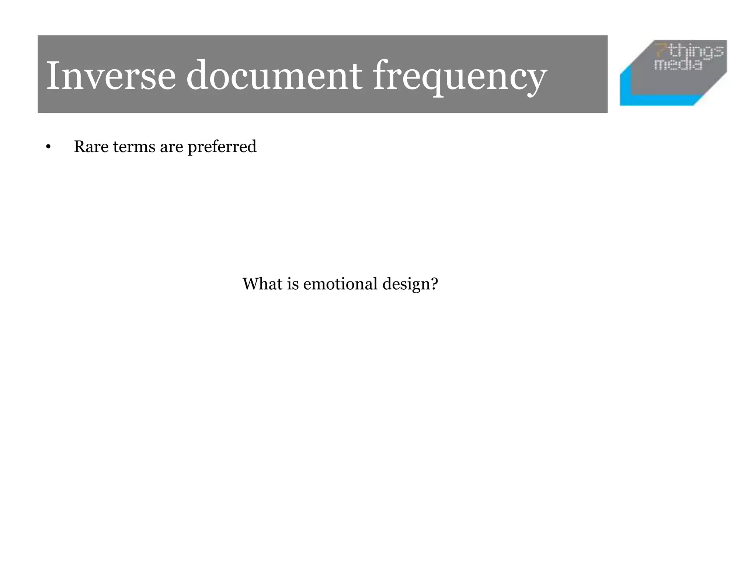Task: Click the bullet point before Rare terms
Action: click(x=48, y=147)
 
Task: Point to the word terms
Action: click(x=134, y=147)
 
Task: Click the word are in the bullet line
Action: click(x=171, y=147)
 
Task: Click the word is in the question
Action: click(x=293, y=284)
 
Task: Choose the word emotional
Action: click(x=340, y=284)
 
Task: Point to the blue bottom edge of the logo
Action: click(x=660, y=100)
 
